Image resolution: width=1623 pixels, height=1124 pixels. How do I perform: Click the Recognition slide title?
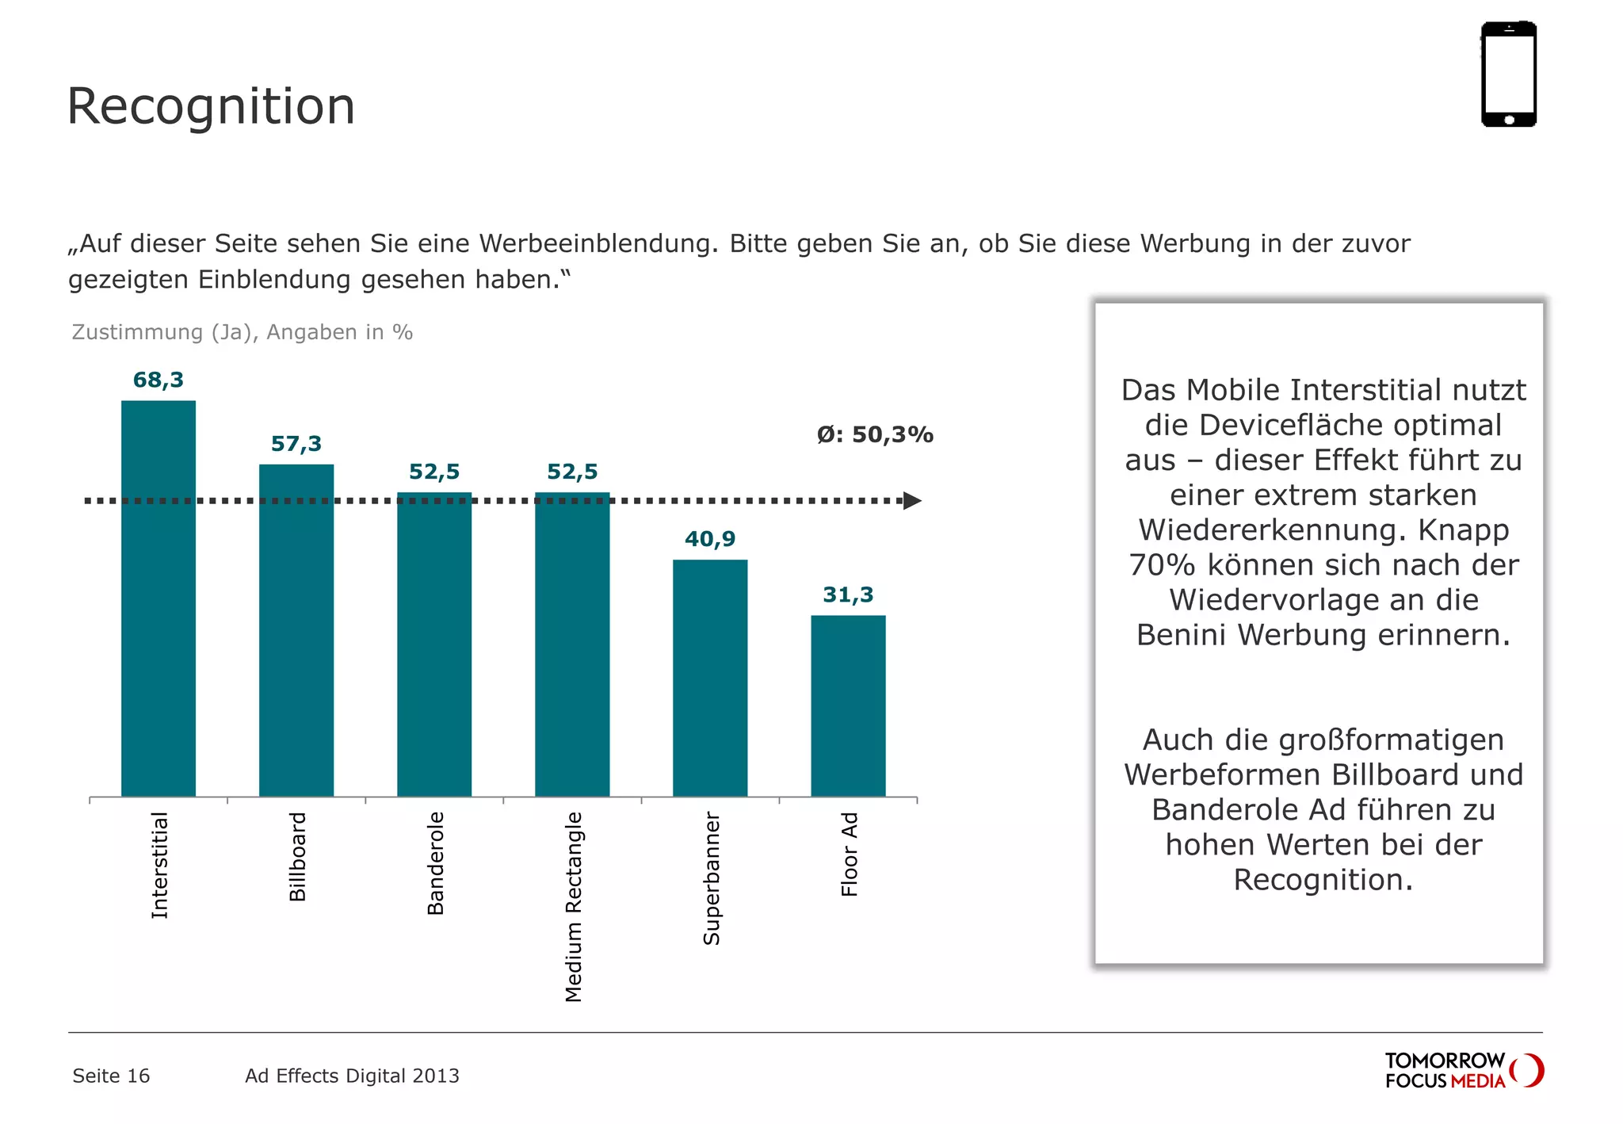pos(211,106)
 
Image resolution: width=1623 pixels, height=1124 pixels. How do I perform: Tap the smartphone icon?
pos(1508,74)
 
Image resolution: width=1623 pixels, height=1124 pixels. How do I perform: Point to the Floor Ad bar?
pos(848,705)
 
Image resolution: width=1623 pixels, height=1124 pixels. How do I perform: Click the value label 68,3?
pos(158,380)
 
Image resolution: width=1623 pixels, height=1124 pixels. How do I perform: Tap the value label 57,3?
pos(296,444)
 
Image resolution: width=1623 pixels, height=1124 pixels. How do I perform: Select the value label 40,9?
pos(710,539)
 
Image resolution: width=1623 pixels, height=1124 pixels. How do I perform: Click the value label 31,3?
pos(848,594)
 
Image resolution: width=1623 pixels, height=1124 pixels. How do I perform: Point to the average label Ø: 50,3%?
pos(875,434)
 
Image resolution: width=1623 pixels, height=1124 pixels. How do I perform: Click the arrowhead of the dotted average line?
pos(912,501)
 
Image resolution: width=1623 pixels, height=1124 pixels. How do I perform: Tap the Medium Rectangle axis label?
pos(573,906)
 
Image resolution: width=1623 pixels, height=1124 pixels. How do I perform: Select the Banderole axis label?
pos(435,863)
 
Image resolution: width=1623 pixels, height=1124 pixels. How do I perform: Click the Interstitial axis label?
pos(159,865)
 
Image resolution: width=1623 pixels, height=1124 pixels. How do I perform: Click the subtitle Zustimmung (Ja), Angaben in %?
pos(242,332)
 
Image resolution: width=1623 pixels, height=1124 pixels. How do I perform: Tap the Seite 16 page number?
pos(111,1076)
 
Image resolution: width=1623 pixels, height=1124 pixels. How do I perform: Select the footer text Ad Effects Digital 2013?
pos(352,1076)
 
